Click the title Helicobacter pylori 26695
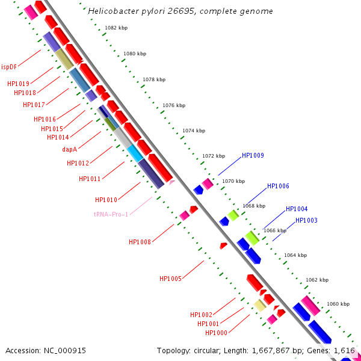tap(180, 11)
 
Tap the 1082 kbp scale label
tap(116, 28)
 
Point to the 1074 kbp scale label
tap(194, 131)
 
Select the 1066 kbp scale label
tap(275, 230)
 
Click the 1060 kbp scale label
tap(338, 304)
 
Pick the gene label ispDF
tap(9, 67)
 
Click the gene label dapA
tap(69, 149)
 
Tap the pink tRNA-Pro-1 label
tap(111, 214)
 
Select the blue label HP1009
tap(253, 155)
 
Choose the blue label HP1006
tap(278, 186)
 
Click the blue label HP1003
tap(306, 221)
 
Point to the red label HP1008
tap(140, 242)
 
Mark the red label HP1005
tap(170, 279)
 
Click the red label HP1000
tap(216, 333)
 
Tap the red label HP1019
tap(18, 84)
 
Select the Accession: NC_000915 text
tap(46, 350)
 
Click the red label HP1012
tap(78, 163)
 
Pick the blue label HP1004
tap(297, 209)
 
